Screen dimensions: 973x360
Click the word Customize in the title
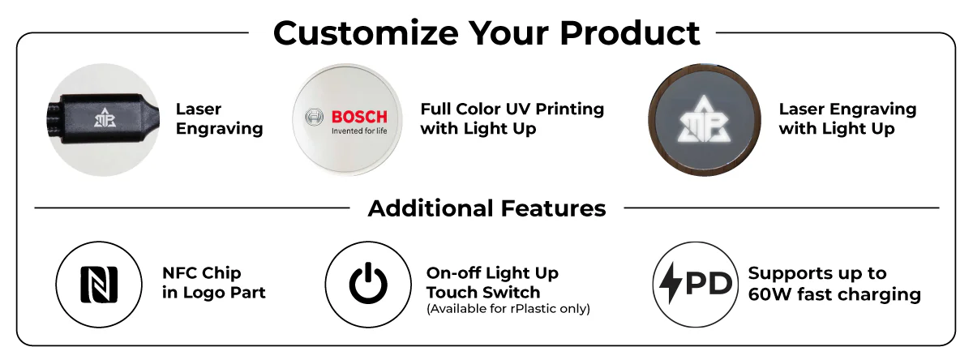366,33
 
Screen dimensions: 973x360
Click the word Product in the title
630,32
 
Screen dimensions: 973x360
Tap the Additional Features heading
486,208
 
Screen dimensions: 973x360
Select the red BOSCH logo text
359,117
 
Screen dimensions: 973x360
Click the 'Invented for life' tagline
359,131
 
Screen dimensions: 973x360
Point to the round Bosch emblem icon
314,117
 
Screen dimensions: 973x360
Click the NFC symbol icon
99,285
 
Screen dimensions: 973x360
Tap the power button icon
368,283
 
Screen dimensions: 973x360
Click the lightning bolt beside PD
671,282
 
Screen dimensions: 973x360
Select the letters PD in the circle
709,283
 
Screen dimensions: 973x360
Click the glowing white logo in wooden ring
704,119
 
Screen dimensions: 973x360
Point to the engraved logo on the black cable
105,118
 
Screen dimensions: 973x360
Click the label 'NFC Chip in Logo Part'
214,283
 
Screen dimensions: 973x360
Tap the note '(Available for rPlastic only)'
508,309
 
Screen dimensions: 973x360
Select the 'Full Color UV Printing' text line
512,109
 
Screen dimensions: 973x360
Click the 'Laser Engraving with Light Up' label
847,118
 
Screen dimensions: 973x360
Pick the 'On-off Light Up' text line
492,273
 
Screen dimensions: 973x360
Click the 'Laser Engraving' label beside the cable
220,118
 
